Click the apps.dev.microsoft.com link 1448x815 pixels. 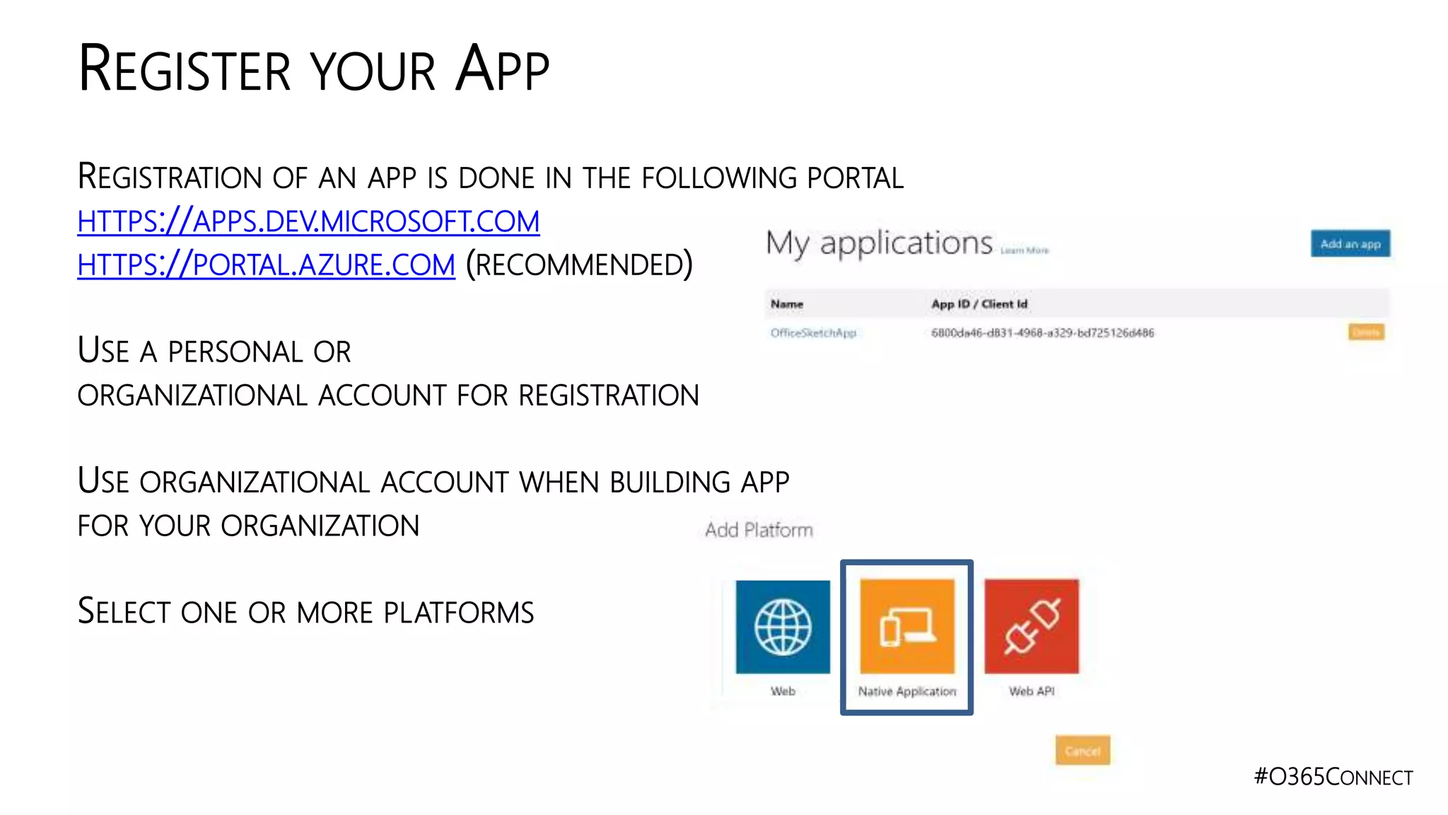click(308, 221)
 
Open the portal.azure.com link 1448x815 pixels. click(266, 265)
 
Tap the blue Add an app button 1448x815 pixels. click(1350, 243)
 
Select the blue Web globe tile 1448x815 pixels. click(783, 626)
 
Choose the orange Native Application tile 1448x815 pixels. click(907, 626)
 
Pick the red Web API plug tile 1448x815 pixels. click(1032, 626)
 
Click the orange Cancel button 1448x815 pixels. click(1082, 751)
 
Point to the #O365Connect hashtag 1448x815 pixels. click(1333, 777)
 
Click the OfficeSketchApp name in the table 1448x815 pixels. click(813, 333)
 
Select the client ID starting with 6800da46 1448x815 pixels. click(1042, 333)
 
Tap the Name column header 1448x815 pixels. click(787, 304)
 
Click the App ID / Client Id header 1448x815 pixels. click(979, 304)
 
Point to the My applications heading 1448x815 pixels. click(879, 243)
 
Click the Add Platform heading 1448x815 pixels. click(759, 530)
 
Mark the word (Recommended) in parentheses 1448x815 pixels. click(579, 265)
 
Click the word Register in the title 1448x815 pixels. click(185, 69)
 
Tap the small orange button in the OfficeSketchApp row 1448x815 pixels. click(1365, 333)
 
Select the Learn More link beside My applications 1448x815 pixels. click(1024, 250)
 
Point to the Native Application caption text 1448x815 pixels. click(907, 691)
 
